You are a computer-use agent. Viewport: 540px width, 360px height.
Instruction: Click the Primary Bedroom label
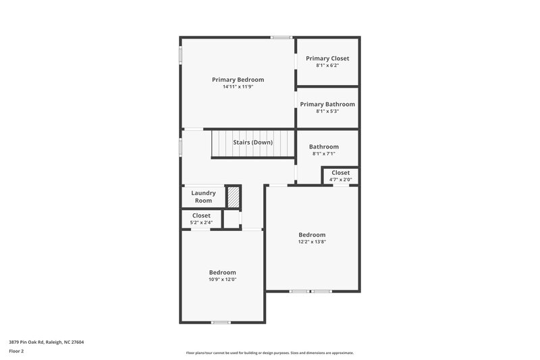pos(238,80)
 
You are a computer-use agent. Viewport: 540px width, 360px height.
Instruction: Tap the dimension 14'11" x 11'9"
pos(238,87)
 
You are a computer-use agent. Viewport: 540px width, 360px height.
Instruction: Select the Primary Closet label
pos(327,59)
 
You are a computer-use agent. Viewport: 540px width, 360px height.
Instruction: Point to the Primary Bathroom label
pos(327,104)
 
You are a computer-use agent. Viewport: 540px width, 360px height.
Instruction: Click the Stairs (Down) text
pos(252,143)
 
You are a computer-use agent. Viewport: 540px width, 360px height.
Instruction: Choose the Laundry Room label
pos(203,197)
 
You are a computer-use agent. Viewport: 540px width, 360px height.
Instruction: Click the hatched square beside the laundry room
pos(233,197)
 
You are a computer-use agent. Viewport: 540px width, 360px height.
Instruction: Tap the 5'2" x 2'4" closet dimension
pos(201,222)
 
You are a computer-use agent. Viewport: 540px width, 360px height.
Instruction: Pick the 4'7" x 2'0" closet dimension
pos(340,180)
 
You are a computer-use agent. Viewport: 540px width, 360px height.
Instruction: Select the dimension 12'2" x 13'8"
pos(312,242)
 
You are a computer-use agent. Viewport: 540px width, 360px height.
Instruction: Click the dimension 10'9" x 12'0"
pos(222,279)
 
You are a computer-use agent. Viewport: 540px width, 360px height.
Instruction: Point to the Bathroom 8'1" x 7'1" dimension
pos(324,153)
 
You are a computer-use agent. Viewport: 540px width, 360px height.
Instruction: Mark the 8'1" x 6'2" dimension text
pos(327,66)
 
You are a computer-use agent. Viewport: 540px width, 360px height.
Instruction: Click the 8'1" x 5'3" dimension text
pos(327,111)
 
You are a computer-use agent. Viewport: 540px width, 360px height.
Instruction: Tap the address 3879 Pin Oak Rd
pos(47,342)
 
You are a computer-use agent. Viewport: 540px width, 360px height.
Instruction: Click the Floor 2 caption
pos(16,351)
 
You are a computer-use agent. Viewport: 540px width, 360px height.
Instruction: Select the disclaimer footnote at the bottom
pos(270,353)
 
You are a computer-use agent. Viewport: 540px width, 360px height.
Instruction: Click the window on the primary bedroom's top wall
pos(281,37)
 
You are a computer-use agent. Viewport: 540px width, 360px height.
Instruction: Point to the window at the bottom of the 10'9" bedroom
pos(221,322)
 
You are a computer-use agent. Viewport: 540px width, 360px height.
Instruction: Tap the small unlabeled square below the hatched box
pos(232,220)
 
